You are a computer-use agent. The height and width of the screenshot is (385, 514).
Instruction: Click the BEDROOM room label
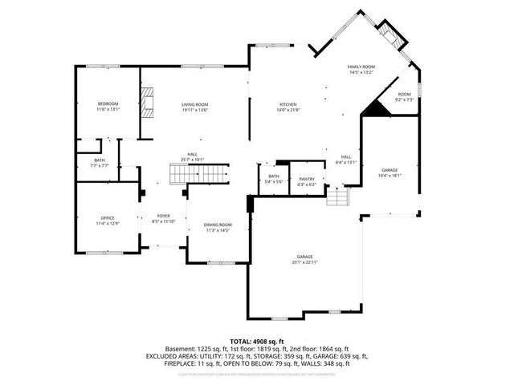(x=108, y=103)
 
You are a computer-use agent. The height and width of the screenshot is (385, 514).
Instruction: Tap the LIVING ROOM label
(x=194, y=104)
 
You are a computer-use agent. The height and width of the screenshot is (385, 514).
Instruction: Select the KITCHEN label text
(x=288, y=104)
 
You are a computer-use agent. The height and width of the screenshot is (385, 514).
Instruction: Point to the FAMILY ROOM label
(x=361, y=67)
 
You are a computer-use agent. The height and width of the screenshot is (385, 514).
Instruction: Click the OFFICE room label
(x=108, y=217)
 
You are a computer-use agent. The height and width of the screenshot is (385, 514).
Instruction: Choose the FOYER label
(x=164, y=216)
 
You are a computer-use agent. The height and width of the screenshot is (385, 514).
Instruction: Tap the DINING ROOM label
(x=218, y=225)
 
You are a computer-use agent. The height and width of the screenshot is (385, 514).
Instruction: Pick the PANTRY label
(x=307, y=179)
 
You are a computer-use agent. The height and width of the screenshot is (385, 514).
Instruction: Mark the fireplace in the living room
(x=147, y=102)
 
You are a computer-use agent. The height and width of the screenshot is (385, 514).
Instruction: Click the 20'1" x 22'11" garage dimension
(x=305, y=262)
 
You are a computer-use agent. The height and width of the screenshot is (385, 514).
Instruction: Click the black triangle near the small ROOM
(x=373, y=107)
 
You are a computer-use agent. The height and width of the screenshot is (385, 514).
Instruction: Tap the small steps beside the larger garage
(x=339, y=195)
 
